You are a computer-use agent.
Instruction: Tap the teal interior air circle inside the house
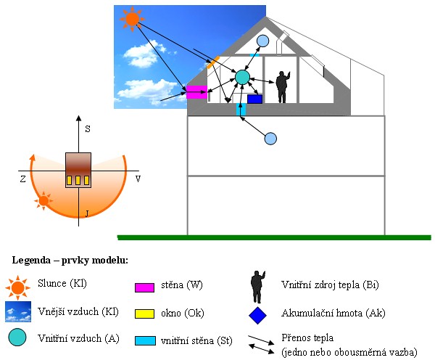click(242, 76)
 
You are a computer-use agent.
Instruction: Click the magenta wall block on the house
click(196, 91)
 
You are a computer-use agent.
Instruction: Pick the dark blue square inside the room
click(254, 99)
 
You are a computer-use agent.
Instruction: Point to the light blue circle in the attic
click(262, 41)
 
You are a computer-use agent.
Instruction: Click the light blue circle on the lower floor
click(270, 138)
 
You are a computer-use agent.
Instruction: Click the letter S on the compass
click(87, 128)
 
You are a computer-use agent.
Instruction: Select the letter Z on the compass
click(22, 179)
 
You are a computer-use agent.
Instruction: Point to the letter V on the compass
click(138, 179)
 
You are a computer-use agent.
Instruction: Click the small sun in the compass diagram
click(44, 199)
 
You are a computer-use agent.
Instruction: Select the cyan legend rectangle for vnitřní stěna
click(145, 340)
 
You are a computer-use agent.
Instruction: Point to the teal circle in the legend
click(18, 337)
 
